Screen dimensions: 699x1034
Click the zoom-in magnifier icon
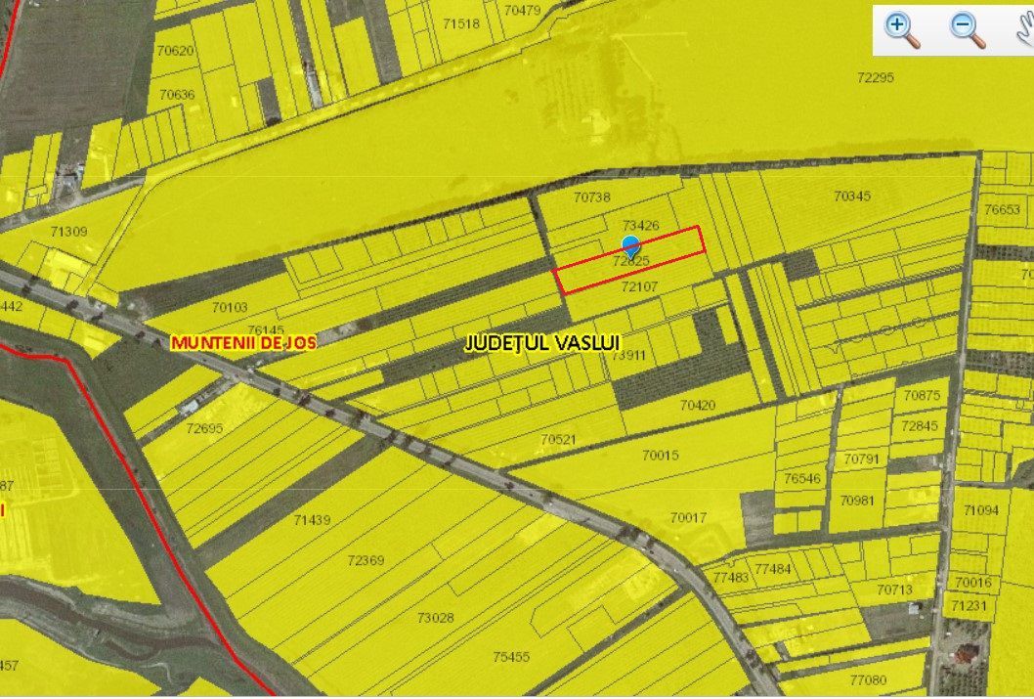pos(902,29)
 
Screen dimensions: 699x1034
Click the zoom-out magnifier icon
pos(967,29)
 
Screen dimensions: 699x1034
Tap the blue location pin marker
pos(631,245)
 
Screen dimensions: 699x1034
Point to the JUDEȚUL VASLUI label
pos(542,343)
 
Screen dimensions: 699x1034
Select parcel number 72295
pos(875,77)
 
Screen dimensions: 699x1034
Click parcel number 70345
pos(851,197)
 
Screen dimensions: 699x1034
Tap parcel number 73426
pos(640,226)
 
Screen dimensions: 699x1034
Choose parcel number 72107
pos(639,286)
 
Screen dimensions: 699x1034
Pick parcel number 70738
pos(591,197)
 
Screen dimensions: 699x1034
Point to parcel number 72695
pos(204,428)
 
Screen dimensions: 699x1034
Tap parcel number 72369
pos(366,560)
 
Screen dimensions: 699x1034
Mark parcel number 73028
pos(435,617)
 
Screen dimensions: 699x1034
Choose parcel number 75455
pos(510,657)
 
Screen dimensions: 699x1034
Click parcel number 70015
pos(687,456)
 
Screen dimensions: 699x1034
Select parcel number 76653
pos(1002,209)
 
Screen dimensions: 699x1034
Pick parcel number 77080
pos(868,679)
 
